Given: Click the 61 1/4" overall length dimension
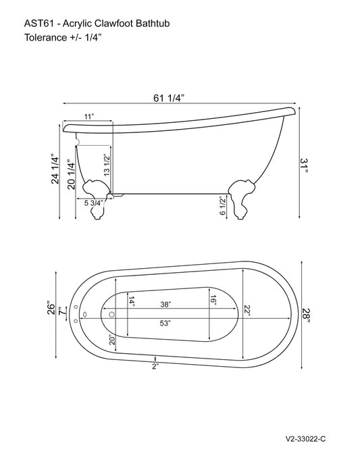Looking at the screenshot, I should pos(170,98).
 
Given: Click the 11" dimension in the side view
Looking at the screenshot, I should pos(88,118).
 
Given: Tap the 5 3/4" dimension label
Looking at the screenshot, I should pos(94,203).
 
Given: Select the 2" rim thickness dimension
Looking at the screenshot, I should pos(155,367).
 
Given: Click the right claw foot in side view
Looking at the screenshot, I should pos(241,197).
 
